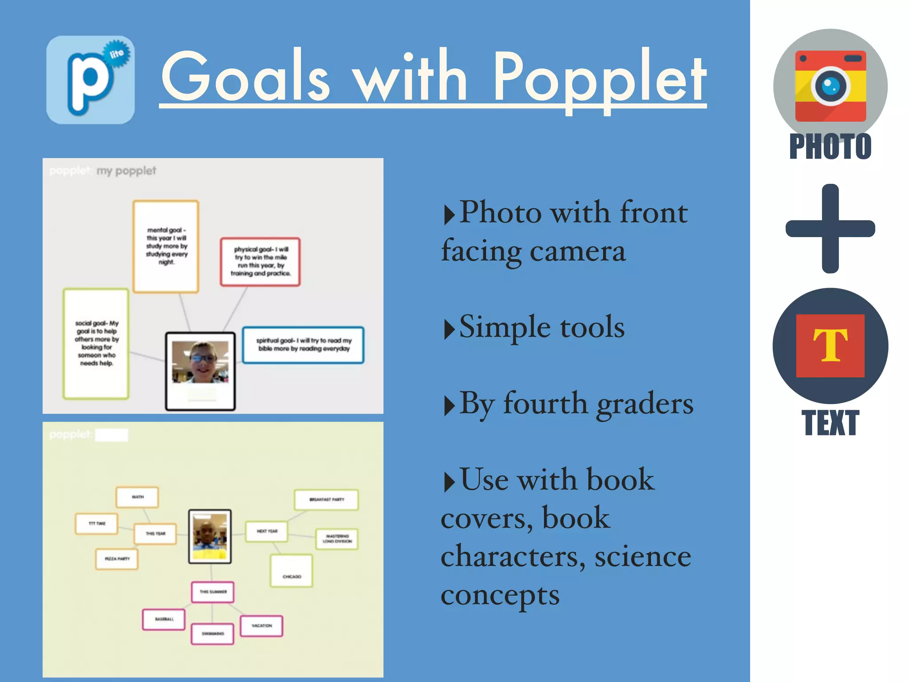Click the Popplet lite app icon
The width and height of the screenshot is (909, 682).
point(91,80)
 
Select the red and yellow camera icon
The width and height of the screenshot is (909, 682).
point(830,86)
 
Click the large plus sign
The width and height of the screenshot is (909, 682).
point(830,228)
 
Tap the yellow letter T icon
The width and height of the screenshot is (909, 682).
point(830,345)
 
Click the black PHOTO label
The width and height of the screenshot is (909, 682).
point(830,147)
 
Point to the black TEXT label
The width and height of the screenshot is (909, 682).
point(830,423)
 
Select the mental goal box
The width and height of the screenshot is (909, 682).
point(166,246)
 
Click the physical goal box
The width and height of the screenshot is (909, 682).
point(261,262)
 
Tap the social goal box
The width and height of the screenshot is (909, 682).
point(96,343)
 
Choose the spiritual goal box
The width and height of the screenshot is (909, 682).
point(303,345)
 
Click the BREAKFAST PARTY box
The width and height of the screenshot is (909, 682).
point(326,500)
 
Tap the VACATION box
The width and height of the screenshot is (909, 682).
point(261,626)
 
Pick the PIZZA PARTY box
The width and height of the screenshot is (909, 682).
point(117,559)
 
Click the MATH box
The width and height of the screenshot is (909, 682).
point(138,497)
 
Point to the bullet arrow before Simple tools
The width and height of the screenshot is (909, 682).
point(449,329)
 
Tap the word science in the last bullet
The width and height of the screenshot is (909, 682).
point(643,557)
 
